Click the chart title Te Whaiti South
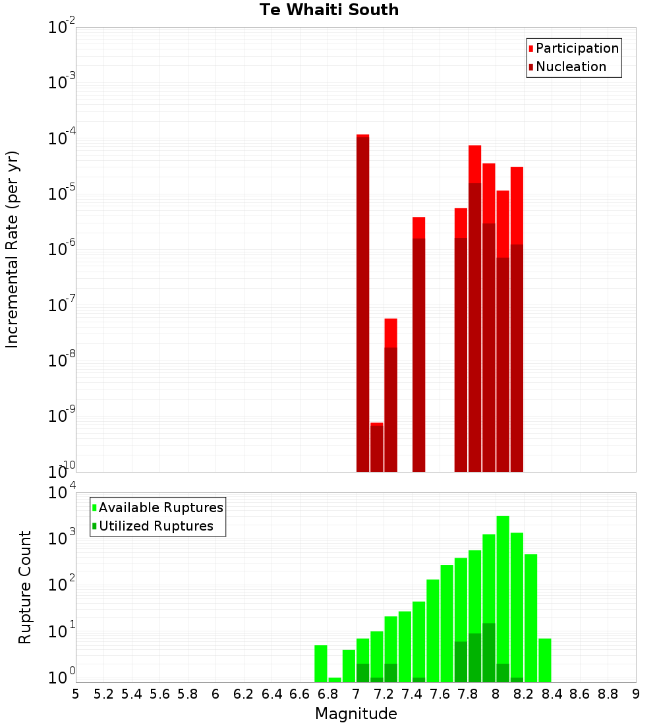(x=329, y=10)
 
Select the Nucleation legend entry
(x=571, y=67)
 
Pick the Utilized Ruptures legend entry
(x=156, y=526)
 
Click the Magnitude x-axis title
(x=356, y=714)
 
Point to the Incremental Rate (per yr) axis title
(x=13, y=249)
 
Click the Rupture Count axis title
(x=25, y=587)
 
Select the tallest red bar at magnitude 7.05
(x=362, y=303)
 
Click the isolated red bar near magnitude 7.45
(x=418, y=343)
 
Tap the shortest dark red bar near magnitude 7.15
(x=376, y=448)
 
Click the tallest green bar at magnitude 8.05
(x=503, y=593)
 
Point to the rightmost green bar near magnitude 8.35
(x=544, y=660)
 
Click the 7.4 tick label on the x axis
(x=412, y=694)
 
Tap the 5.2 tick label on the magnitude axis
(x=104, y=694)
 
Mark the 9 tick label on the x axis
(x=636, y=694)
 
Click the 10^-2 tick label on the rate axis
(x=62, y=28)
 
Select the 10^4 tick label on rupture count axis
(x=62, y=492)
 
